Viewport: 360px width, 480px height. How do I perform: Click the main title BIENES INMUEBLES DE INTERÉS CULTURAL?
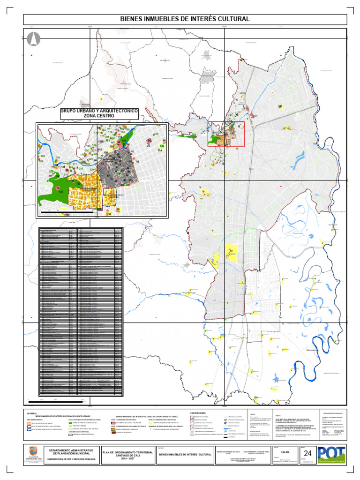click(x=185, y=19)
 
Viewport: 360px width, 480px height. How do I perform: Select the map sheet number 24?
click(x=308, y=453)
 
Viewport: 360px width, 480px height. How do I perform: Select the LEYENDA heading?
click(x=32, y=413)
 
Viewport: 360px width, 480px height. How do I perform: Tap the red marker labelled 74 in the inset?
click(x=58, y=188)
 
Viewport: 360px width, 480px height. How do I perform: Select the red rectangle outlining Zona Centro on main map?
click(x=226, y=134)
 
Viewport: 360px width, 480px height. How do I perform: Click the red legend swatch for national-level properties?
click(x=113, y=423)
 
